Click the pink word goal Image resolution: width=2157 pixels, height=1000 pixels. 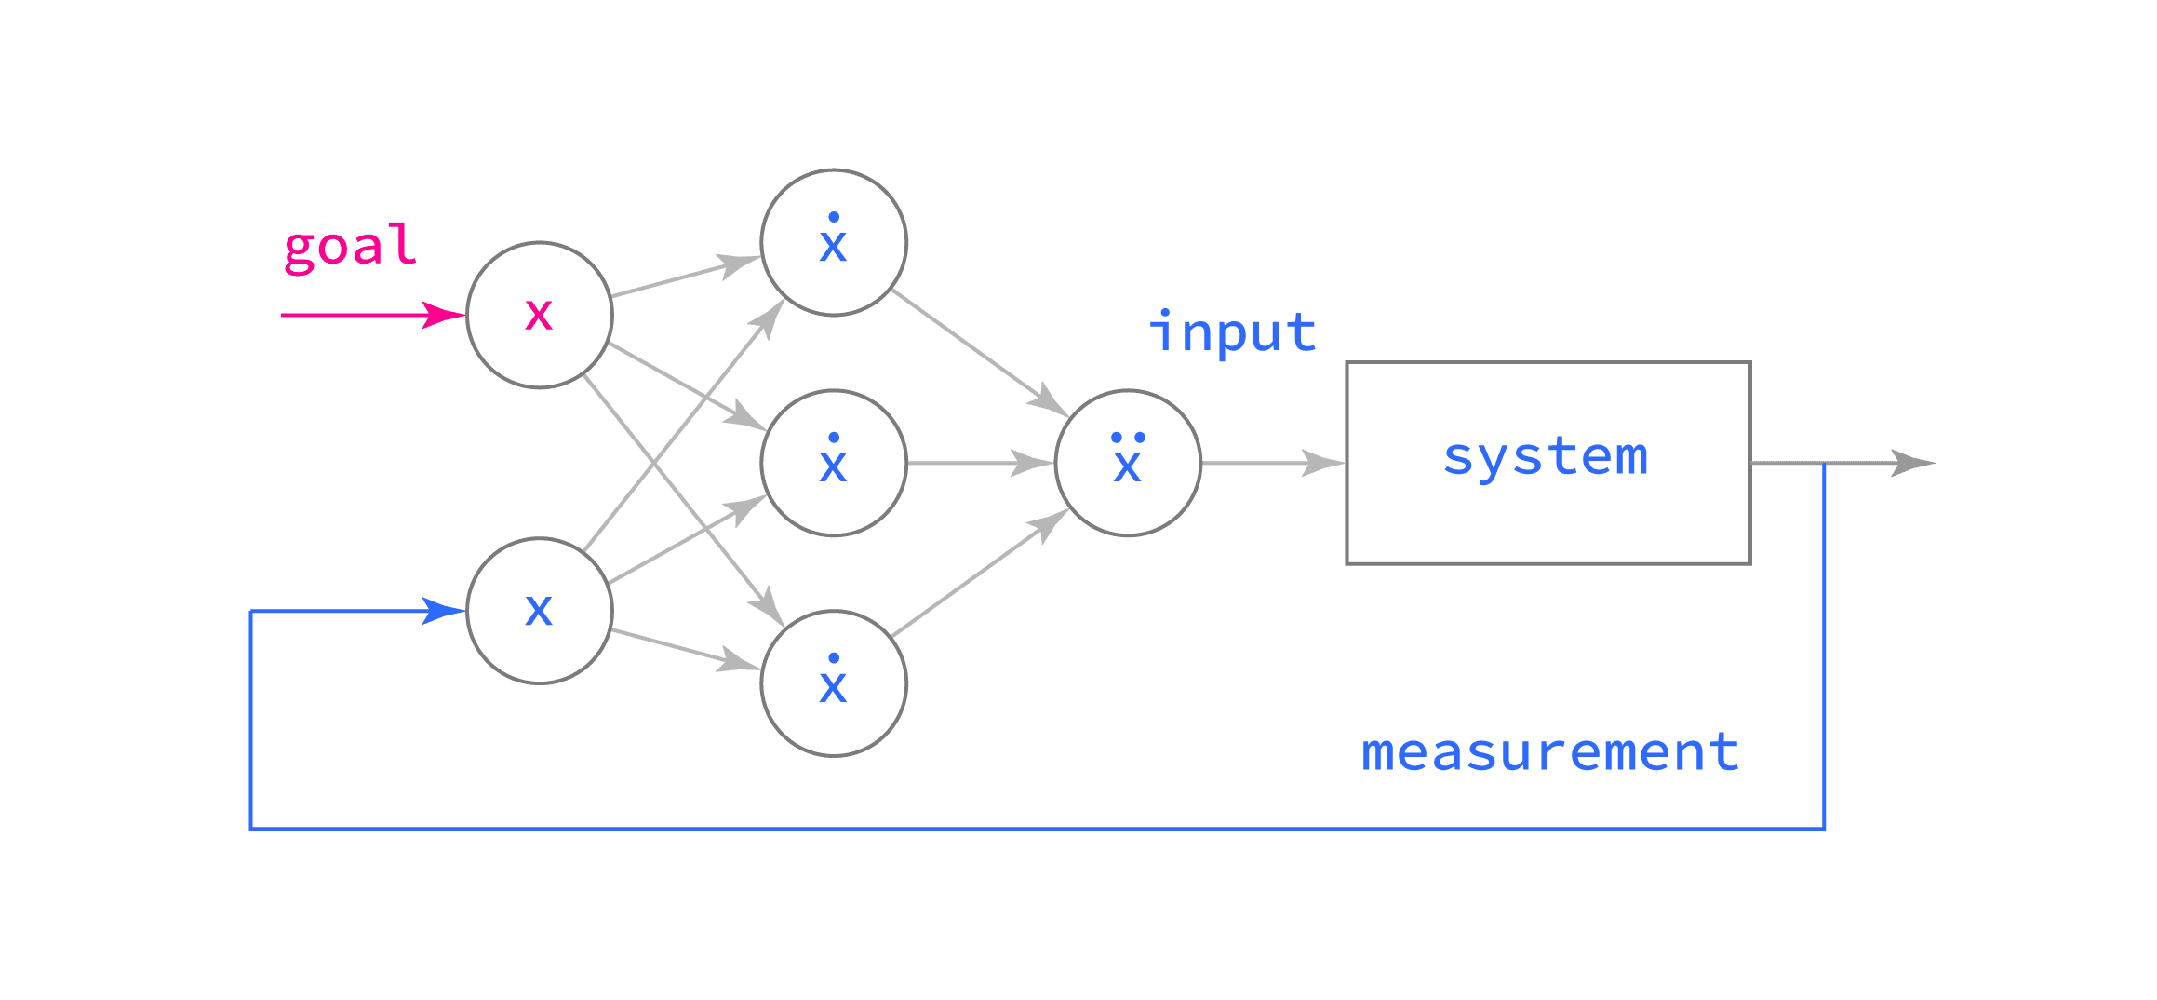(350, 248)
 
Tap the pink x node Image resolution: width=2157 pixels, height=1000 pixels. (539, 315)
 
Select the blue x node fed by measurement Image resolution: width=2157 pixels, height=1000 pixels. (539, 611)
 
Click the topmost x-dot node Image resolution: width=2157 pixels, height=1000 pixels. (834, 242)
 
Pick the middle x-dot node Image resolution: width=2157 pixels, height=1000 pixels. (834, 463)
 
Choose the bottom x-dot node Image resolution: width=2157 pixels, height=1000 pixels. (834, 683)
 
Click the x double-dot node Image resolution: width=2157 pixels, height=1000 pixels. (1128, 463)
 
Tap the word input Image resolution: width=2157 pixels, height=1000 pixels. (1233, 333)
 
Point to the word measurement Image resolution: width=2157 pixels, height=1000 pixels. (1550, 752)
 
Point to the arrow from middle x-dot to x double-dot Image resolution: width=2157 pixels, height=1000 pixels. (977, 463)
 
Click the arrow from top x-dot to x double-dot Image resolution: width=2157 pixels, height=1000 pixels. (977, 350)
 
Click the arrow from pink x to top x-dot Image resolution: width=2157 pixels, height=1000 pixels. (684, 277)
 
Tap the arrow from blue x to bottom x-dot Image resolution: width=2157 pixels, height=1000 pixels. (684, 649)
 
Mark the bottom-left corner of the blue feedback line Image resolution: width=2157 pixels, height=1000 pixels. (251, 828)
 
